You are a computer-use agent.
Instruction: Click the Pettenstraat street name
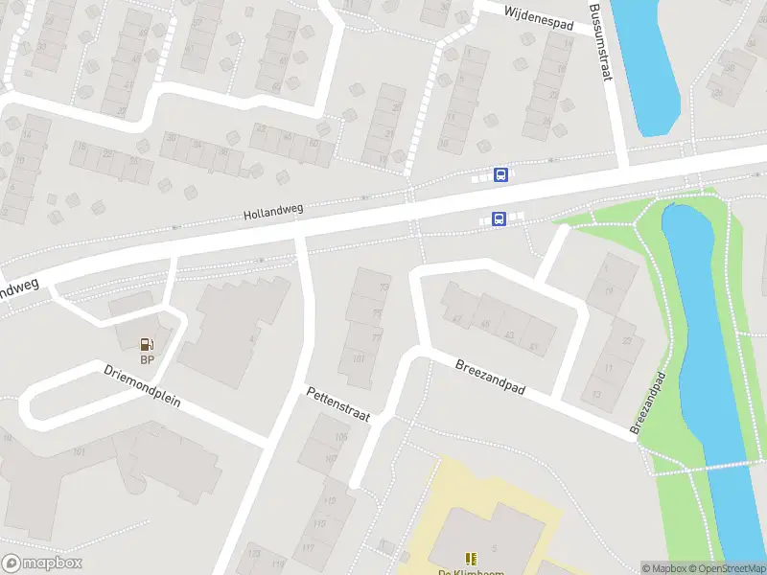pyautogui.click(x=337, y=406)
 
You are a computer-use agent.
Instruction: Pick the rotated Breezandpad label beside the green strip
pyautogui.click(x=649, y=403)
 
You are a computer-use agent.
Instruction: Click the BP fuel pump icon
pyautogui.click(x=147, y=343)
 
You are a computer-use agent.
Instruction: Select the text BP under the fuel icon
pyautogui.click(x=147, y=360)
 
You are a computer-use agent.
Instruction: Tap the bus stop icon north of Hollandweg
pyautogui.click(x=500, y=174)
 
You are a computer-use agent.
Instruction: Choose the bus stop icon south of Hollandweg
pyautogui.click(x=499, y=219)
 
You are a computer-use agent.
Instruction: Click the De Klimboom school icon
pyautogui.click(x=470, y=558)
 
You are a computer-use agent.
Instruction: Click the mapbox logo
pyautogui.click(x=42, y=563)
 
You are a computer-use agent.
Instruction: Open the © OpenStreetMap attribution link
pyautogui.click(x=727, y=568)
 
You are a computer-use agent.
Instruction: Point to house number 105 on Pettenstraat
pyautogui.click(x=341, y=437)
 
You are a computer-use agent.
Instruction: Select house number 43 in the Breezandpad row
pyautogui.click(x=509, y=335)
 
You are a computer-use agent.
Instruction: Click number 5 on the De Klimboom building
pyautogui.click(x=495, y=547)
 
